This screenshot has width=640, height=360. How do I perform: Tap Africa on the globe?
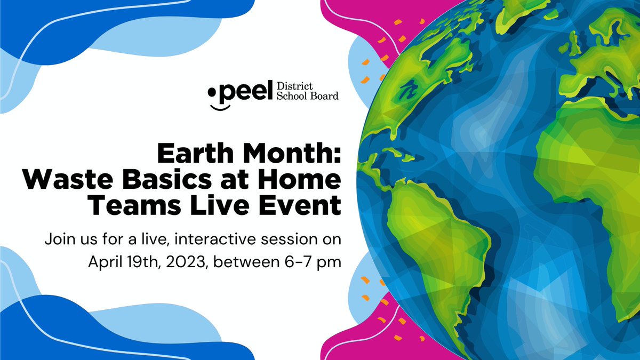(592, 160)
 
